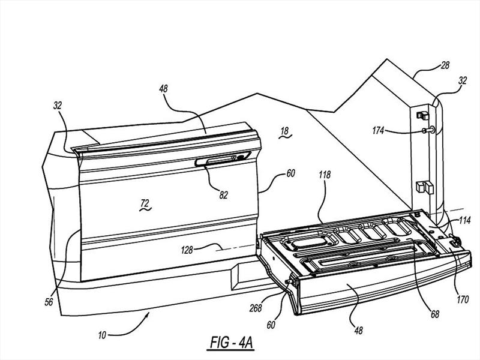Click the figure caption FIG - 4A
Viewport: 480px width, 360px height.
coord(232,343)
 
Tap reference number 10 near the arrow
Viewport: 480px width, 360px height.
coord(102,335)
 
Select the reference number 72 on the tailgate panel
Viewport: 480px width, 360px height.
coord(145,203)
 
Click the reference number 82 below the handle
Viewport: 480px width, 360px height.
coord(223,194)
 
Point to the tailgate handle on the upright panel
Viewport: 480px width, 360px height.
coord(223,159)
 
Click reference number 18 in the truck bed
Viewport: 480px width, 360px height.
coord(284,131)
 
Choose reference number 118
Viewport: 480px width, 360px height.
coord(325,175)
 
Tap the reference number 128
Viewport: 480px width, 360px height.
coord(187,250)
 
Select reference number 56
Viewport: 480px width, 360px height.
coord(49,302)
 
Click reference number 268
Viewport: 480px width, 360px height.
coord(256,308)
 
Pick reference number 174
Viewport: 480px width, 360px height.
coord(378,131)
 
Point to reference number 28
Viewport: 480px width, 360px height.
coord(445,65)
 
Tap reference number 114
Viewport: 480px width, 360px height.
coord(464,220)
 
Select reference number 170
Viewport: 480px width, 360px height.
coord(463,299)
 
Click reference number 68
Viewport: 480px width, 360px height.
coord(434,314)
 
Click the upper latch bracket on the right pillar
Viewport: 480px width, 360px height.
coord(423,115)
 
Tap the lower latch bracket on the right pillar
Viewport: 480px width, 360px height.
coord(425,187)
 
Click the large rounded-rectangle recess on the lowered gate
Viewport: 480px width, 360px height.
coord(310,242)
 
